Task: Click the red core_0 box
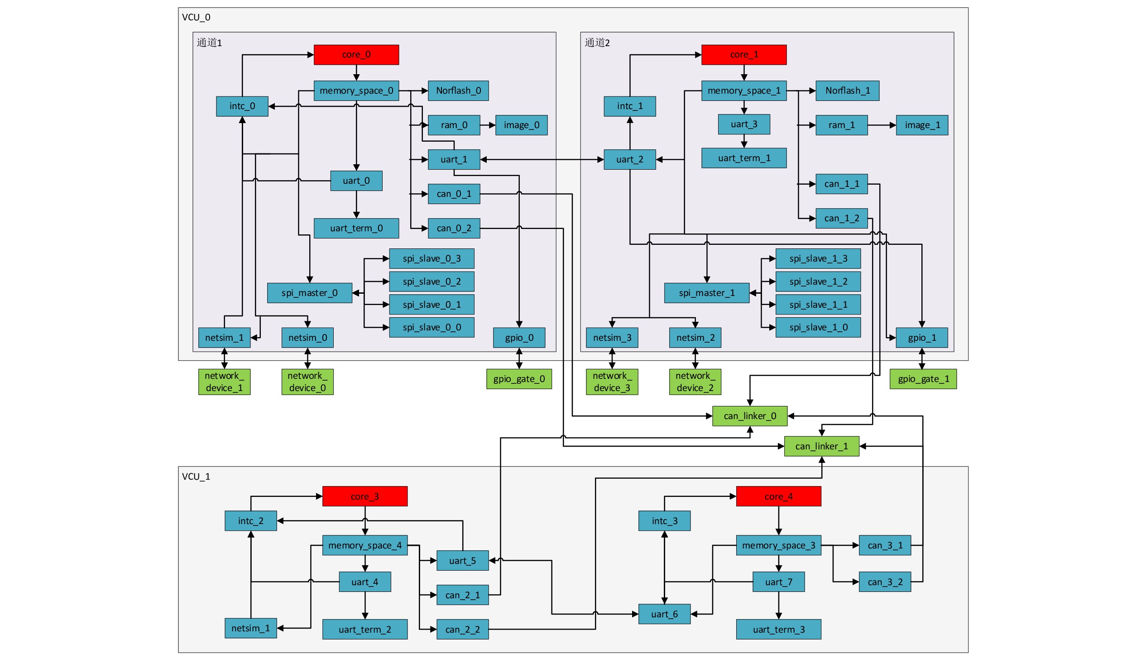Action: coord(356,55)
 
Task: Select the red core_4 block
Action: coord(778,496)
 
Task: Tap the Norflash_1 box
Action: coord(847,91)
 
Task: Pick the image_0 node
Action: coord(521,125)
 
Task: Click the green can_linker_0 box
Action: coord(750,416)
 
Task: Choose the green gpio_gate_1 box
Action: coord(923,379)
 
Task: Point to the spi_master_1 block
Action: coord(706,293)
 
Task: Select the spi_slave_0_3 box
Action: coord(431,259)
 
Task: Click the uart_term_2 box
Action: coord(364,629)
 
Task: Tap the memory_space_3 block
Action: coord(778,546)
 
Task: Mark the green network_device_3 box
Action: coord(612,382)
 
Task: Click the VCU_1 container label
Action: coord(196,477)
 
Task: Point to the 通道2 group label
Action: coord(597,43)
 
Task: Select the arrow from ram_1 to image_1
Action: coord(882,125)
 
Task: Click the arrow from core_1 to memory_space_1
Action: coord(744,73)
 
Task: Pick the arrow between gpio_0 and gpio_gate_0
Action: coord(519,358)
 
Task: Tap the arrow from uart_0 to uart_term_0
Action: coord(356,205)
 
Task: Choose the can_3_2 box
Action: coord(885,582)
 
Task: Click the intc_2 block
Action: coord(250,521)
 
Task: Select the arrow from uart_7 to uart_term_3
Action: coord(778,606)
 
